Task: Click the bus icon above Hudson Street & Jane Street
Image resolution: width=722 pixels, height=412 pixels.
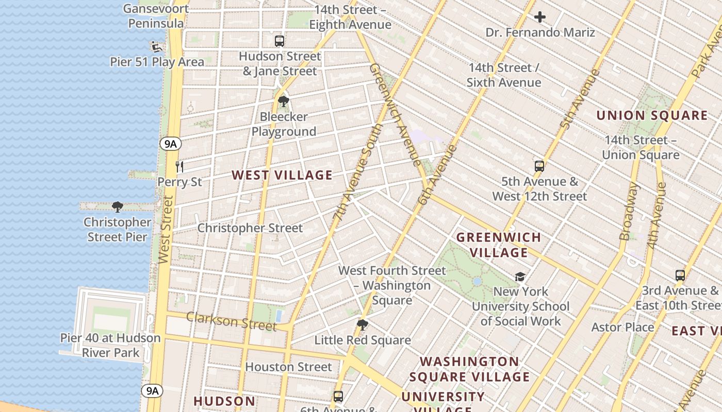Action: tap(279, 41)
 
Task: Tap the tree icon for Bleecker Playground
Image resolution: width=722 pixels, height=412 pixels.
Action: tap(283, 101)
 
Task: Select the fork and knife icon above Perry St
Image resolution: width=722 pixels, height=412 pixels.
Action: tap(179, 166)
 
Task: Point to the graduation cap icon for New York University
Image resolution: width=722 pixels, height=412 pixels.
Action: tap(520, 277)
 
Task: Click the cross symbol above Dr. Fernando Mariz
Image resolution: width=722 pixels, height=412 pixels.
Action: tap(540, 18)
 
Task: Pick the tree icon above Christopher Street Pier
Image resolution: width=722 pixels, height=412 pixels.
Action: tap(118, 207)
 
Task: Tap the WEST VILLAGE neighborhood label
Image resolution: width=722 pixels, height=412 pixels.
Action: tap(282, 175)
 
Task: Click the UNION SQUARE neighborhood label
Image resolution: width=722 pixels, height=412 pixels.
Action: tap(652, 115)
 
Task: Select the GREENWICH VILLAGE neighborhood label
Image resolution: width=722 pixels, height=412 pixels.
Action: tap(499, 245)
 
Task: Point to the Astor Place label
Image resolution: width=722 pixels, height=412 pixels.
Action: tap(622, 327)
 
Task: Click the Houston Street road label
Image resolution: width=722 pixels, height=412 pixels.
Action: tap(288, 367)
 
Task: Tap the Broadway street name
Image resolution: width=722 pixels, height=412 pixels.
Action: tap(629, 211)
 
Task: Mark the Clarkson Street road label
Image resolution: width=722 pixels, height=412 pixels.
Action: tap(232, 321)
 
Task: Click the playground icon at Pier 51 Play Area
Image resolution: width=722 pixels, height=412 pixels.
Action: tap(155, 46)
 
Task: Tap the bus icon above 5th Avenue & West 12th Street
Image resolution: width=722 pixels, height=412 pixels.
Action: tap(539, 166)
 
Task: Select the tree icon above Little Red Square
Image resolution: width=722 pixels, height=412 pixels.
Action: tap(363, 325)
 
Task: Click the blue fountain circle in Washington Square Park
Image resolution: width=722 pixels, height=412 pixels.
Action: tap(477, 281)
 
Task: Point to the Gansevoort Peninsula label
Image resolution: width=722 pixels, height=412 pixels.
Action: tap(156, 16)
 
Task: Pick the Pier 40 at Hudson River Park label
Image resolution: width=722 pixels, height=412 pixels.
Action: tap(110, 345)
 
